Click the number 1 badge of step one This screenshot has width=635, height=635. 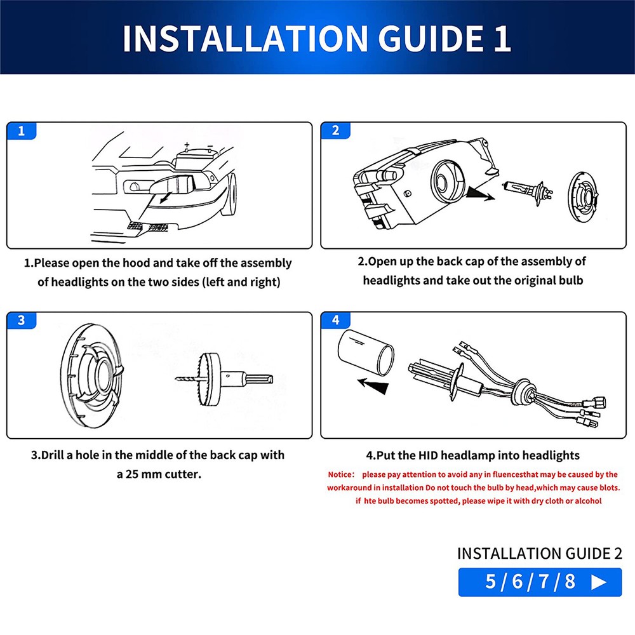coord(22,131)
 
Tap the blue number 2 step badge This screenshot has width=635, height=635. coord(335,130)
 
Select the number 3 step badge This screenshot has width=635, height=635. coord(22,320)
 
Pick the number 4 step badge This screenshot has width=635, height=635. coord(335,320)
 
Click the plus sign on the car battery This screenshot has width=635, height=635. coord(187,145)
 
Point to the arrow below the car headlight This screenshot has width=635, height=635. coord(165,197)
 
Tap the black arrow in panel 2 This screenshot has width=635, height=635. coord(480,194)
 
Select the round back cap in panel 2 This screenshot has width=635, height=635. coord(583,197)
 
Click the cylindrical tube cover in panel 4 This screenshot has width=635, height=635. coord(366,352)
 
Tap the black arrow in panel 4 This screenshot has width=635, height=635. coord(373,385)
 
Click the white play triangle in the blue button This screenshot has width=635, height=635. coord(599,582)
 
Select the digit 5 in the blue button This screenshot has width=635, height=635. coord(490,582)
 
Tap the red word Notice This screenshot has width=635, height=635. coord(341,474)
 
